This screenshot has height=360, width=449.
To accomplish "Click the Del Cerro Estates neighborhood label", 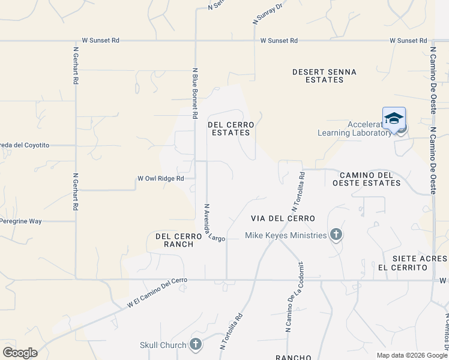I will coord(231,128).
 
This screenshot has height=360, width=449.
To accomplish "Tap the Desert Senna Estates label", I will coord(324,76).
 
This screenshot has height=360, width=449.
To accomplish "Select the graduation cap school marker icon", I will coord(394,118).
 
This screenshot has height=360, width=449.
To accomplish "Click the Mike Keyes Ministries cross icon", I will coord(336,235).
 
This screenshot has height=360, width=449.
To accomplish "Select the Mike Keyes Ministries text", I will coord(286,235).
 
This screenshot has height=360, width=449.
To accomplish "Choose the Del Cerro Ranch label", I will coord(175,240).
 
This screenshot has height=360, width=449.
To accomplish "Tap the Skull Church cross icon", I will coord(195,344).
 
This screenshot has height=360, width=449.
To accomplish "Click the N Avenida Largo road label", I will coord(214,223).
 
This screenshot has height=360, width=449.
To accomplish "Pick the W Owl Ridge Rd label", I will coord(160,178).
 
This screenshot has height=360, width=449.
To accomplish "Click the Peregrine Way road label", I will coord(20,221).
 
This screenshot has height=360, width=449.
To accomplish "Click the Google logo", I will coord(20,352).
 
